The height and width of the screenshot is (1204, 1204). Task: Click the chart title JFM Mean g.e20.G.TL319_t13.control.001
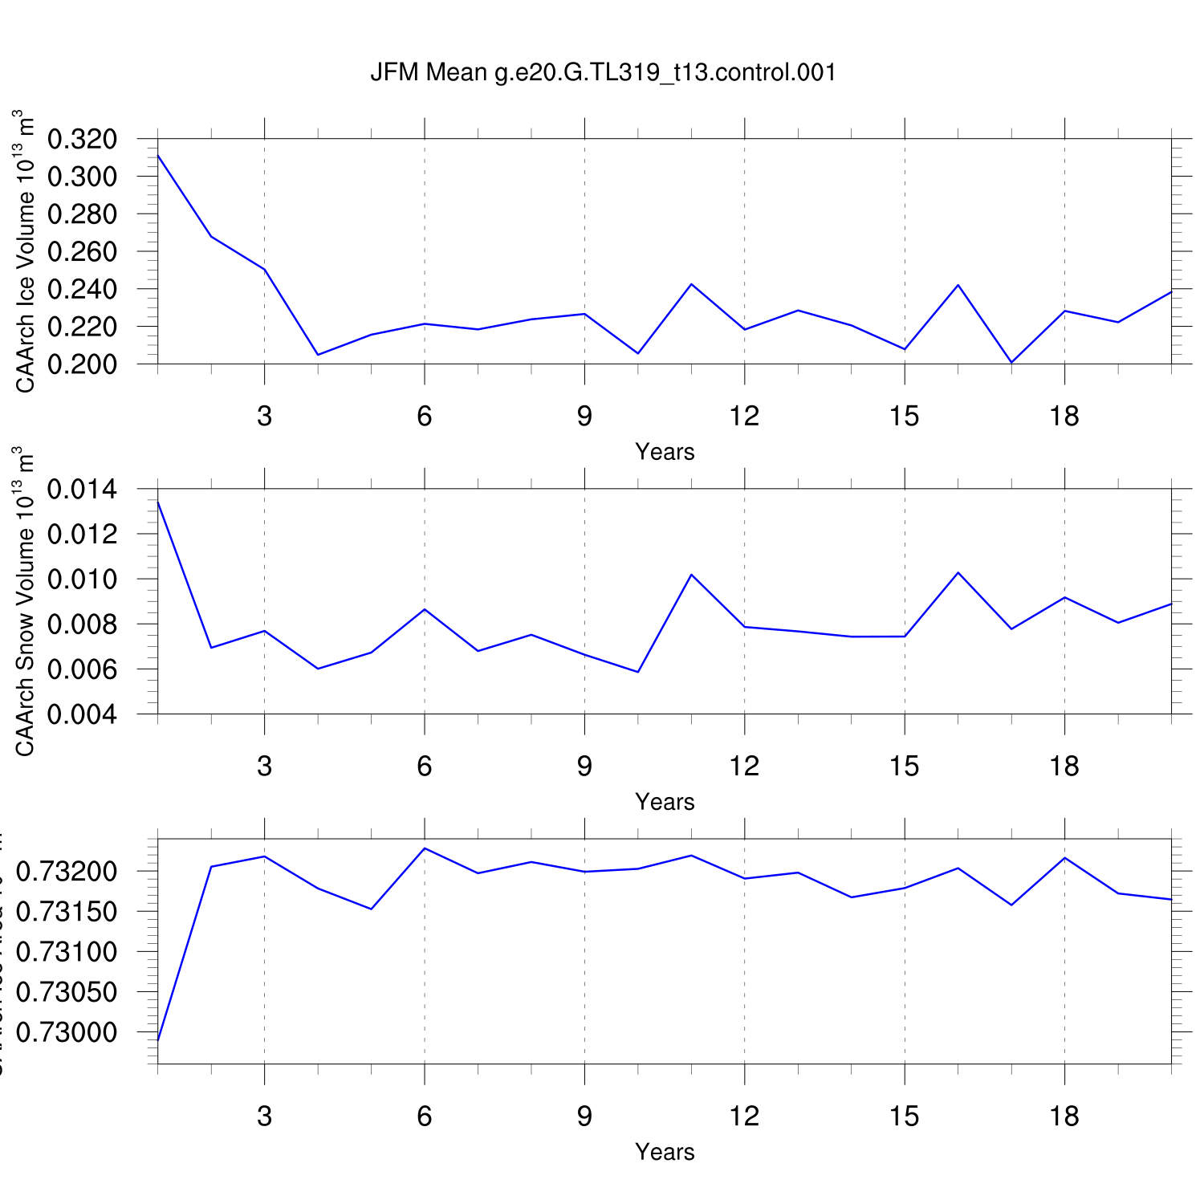tap(603, 72)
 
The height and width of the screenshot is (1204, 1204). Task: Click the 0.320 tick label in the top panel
tap(83, 139)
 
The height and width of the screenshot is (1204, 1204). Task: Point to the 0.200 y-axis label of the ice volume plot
tap(83, 364)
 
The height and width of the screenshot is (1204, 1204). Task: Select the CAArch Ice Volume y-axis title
tap(26, 251)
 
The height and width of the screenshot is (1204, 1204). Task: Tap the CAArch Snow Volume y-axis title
tap(26, 601)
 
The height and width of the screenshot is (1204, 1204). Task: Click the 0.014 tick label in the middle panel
tap(83, 489)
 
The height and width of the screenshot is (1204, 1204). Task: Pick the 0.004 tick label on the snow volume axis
tap(83, 714)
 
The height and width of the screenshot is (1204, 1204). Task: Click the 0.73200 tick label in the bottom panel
tap(67, 872)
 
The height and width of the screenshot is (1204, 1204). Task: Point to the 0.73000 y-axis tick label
tap(67, 1032)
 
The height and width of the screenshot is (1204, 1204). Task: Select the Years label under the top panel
tap(665, 452)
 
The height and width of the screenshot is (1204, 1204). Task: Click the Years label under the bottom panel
tap(665, 1152)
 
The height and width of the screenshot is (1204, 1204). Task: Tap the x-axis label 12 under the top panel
tap(744, 416)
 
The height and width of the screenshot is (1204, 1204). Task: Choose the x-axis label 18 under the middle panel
tap(1064, 767)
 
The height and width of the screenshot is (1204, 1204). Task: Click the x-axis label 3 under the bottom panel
tap(264, 1117)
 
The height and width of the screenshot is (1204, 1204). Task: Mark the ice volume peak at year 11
tap(691, 284)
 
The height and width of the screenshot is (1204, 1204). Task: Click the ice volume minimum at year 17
tap(1011, 363)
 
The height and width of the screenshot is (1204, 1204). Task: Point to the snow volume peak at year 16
tap(958, 572)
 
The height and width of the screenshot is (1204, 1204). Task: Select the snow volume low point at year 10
tap(638, 672)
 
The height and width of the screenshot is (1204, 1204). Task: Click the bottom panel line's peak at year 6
tap(425, 848)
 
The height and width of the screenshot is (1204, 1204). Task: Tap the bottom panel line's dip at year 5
tap(371, 909)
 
